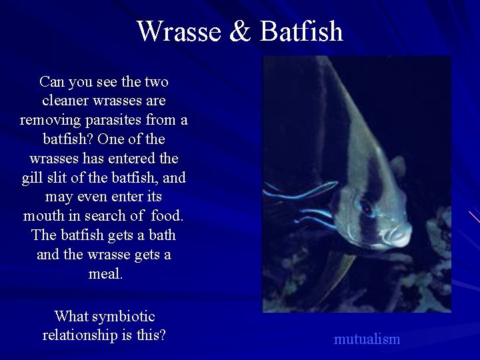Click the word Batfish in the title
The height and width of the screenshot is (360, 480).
[x=301, y=31]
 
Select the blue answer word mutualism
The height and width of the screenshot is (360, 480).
[x=367, y=339]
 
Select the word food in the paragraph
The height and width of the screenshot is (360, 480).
[x=166, y=217]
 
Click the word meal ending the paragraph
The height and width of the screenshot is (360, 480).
[x=105, y=274]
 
